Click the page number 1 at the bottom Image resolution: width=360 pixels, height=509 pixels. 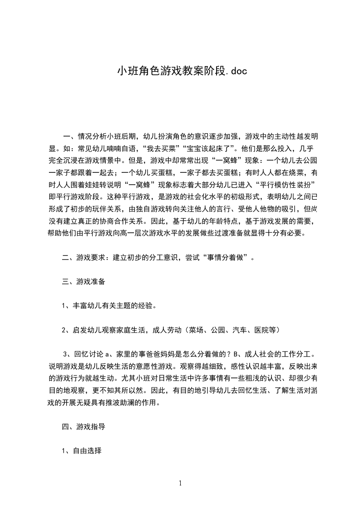180,483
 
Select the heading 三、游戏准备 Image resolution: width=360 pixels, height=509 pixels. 84,281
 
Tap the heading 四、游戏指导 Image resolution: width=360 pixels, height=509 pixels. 84,426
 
